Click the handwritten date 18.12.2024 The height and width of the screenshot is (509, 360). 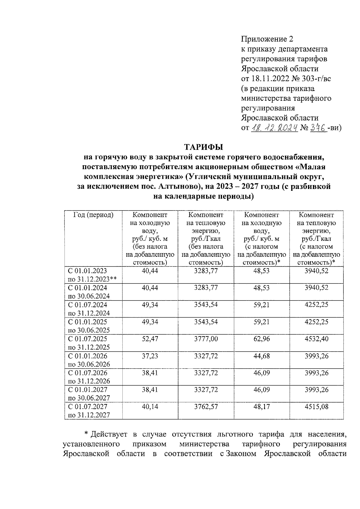click(x=274, y=128)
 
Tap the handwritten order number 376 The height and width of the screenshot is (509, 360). click(x=318, y=128)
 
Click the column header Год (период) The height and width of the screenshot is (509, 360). click(x=93, y=215)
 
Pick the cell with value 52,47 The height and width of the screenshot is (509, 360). click(x=150, y=339)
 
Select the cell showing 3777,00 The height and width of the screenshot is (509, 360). click(x=206, y=339)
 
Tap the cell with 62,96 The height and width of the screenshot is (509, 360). click(x=261, y=339)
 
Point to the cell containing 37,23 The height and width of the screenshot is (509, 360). click(x=150, y=356)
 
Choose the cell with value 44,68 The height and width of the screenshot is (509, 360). click(x=261, y=356)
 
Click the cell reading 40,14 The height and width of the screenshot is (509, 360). click(x=150, y=407)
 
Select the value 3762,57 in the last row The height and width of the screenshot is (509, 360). click(x=206, y=407)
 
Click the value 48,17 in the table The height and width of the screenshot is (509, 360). click(x=261, y=407)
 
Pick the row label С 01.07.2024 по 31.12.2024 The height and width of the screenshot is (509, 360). click(x=89, y=309)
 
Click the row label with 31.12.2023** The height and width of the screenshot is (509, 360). click(x=92, y=279)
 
